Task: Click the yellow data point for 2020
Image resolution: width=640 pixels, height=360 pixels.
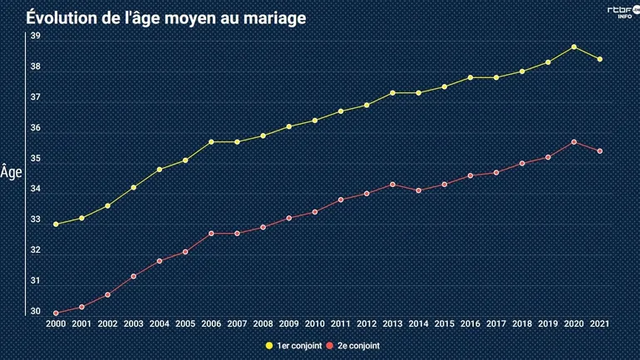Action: pyautogui.click(x=574, y=47)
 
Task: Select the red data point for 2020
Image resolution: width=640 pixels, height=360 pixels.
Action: pyautogui.click(x=574, y=142)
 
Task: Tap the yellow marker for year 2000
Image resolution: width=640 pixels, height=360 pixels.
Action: pyautogui.click(x=57, y=224)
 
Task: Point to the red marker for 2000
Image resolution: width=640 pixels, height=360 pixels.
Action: pyautogui.click(x=57, y=313)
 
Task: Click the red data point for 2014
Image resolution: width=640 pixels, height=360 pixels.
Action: pyautogui.click(x=418, y=190)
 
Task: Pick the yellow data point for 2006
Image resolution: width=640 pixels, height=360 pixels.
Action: pyautogui.click(x=211, y=142)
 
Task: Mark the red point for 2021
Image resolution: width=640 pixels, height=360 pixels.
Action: pyautogui.click(x=599, y=151)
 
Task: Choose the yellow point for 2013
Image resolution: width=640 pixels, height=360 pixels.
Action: pyautogui.click(x=392, y=93)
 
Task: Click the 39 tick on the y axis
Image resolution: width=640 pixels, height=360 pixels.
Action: pyautogui.click(x=36, y=37)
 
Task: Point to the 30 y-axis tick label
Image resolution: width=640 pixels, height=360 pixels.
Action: pyautogui.click(x=36, y=313)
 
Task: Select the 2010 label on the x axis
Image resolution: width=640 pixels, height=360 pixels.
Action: pyautogui.click(x=315, y=323)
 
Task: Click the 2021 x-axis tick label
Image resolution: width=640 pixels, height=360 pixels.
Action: pyautogui.click(x=599, y=323)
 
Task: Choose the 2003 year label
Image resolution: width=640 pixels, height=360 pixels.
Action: pyautogui.click(x=134, y=323)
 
